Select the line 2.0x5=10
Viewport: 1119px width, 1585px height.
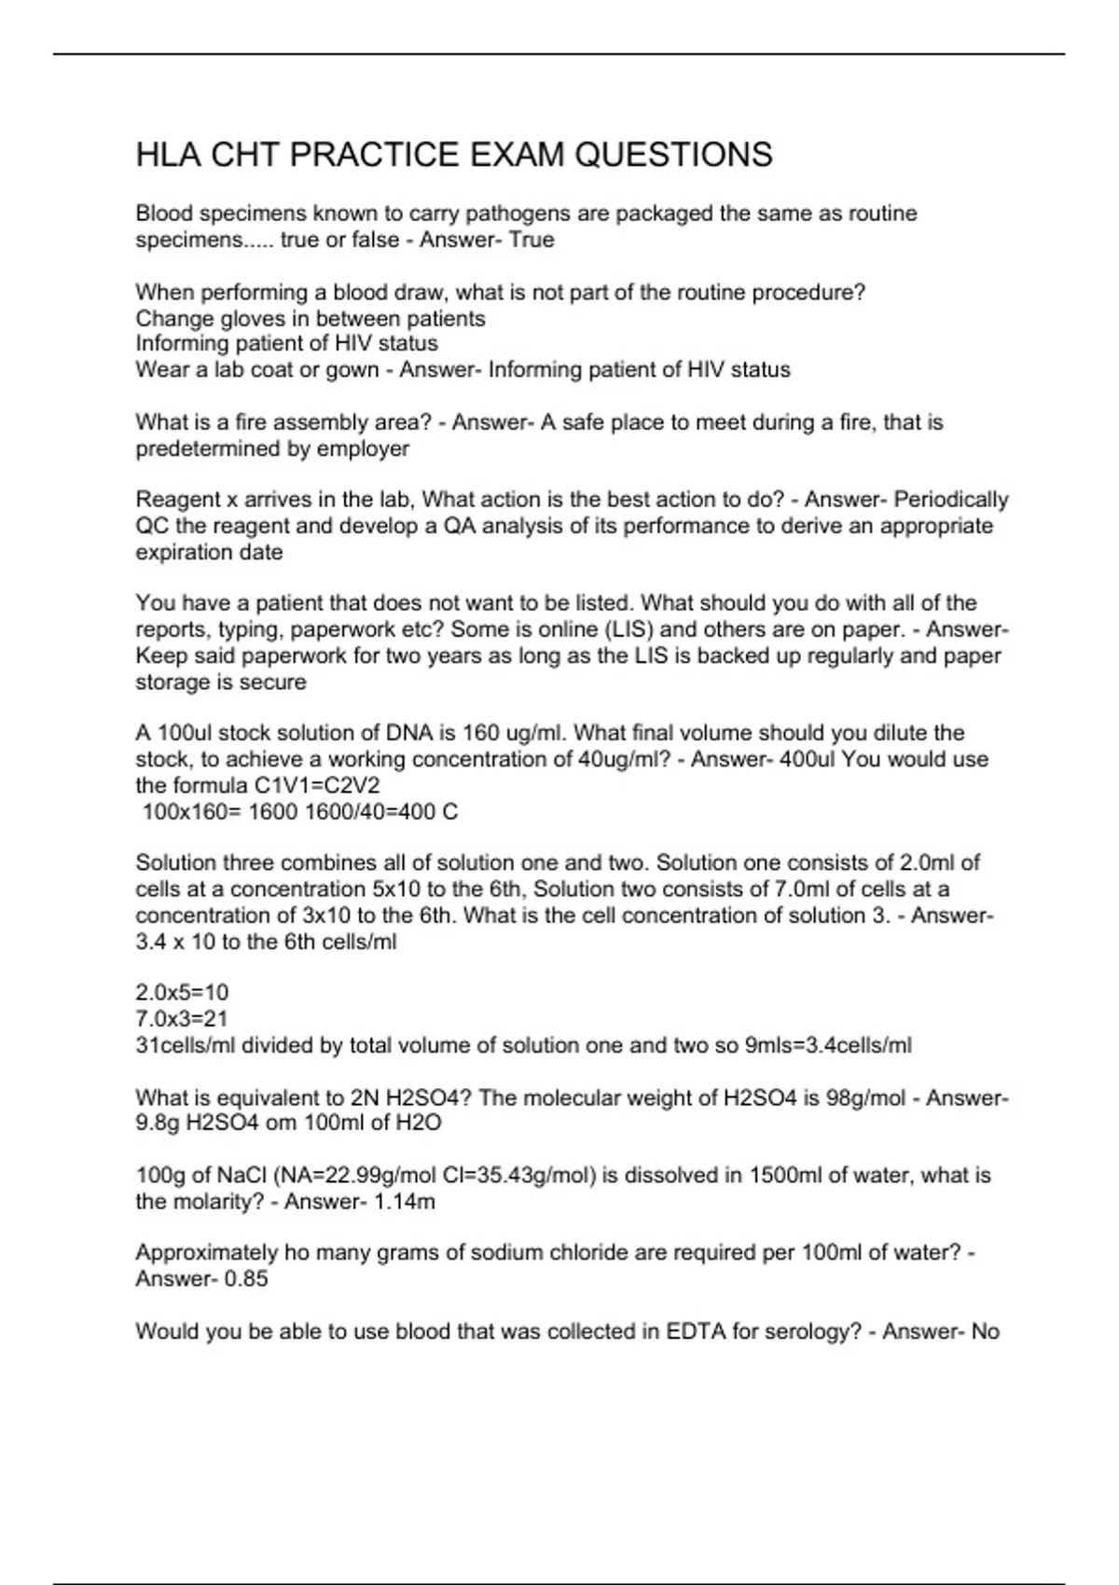[182, 992]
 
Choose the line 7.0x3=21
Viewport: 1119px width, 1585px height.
[182, 1018]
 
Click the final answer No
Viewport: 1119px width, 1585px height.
[985, 1331]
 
